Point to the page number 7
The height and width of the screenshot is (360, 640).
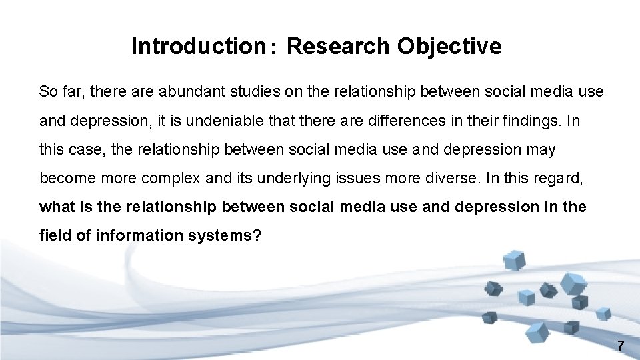click(x=621, y=346)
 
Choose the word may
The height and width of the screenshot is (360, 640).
click(x=541, y=150)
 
